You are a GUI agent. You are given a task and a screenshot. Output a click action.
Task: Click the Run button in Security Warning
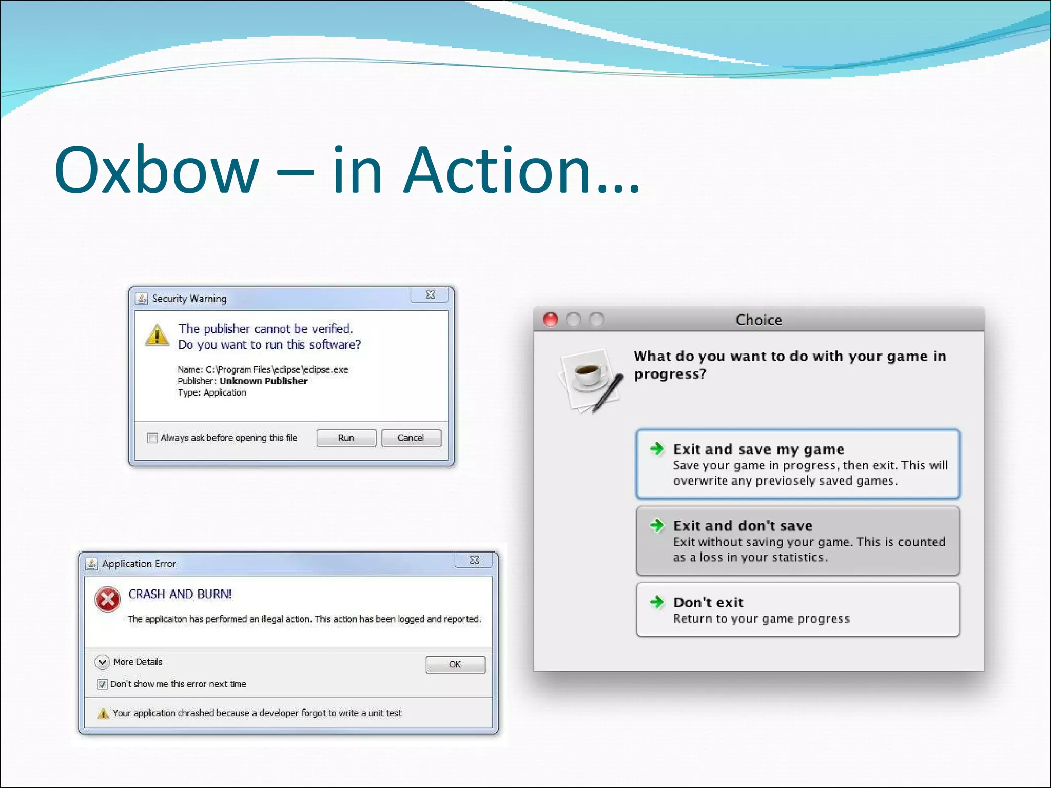click(346, 438)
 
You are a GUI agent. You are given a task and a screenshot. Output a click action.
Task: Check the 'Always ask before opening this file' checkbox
click(152, 438)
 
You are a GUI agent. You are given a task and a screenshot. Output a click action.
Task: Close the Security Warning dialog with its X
click(430, 295)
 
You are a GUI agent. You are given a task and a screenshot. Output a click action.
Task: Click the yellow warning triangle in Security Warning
click(157, 335)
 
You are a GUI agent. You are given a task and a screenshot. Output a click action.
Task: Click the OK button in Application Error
click(455, 664)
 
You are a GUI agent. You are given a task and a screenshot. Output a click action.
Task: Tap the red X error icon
click(108, 599)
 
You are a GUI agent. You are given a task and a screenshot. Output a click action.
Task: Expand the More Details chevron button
click(102, 662)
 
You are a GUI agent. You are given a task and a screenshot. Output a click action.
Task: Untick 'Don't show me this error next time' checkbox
click(102, 684)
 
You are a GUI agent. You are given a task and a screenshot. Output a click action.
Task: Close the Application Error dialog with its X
click(474, 560)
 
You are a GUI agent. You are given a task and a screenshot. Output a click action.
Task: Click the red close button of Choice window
click(551, 320)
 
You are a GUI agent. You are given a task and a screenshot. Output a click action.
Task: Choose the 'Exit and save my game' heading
click(758, 449)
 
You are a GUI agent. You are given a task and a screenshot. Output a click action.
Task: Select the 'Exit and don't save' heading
click(743, 526)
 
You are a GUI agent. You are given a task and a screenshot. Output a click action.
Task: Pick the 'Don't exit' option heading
click(708, 602)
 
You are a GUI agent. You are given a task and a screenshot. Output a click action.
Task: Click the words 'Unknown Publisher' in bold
click(263, 381)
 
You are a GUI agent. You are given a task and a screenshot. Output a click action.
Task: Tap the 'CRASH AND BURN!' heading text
click(180, 594)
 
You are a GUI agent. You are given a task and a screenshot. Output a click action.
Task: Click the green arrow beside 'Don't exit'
click(657, 602)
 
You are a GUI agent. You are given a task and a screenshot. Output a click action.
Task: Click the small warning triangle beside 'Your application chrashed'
click(103, 714)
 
